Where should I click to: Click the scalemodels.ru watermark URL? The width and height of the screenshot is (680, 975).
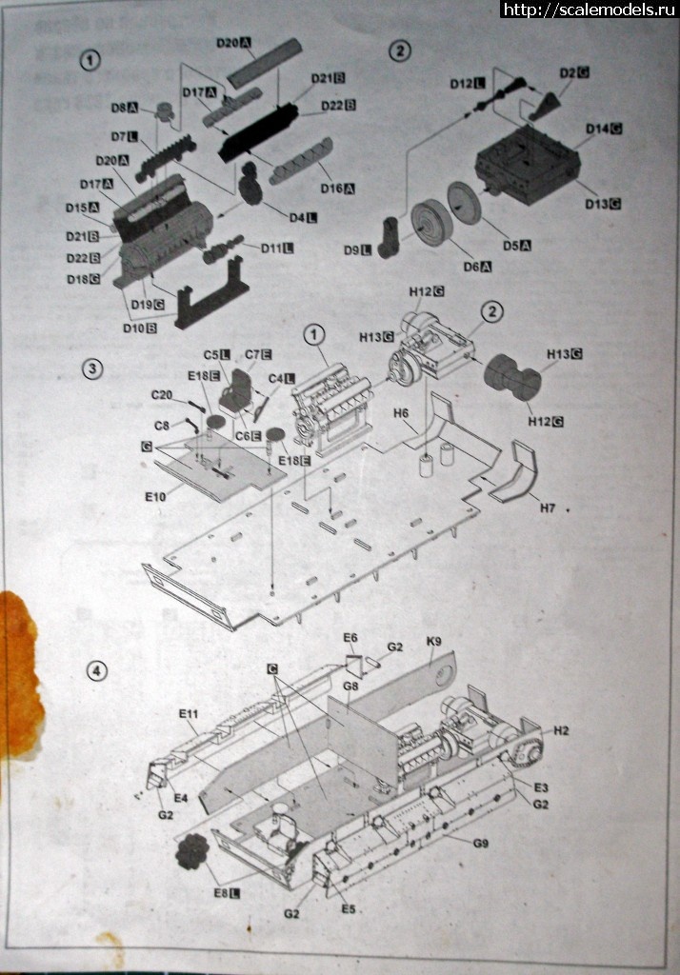click(x=590, y=10)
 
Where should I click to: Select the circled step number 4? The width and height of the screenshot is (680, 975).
click(x=95, y=671)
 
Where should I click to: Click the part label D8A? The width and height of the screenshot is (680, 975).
click(x=124, y=109)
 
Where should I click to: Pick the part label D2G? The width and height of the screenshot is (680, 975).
click(x=574, y=72)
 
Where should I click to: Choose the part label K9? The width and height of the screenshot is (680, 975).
click(x=433, y=644)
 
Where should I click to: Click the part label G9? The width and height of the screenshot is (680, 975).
click(x=480, y=843)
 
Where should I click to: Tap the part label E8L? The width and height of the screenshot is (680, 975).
click(x=226, y=892)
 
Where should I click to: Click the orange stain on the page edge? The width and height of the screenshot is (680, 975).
click(x=19, y=676)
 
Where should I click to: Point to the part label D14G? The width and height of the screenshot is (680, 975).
click(x=603, y=129)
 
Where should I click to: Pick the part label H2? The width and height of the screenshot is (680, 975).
click(x=560, y=730)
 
